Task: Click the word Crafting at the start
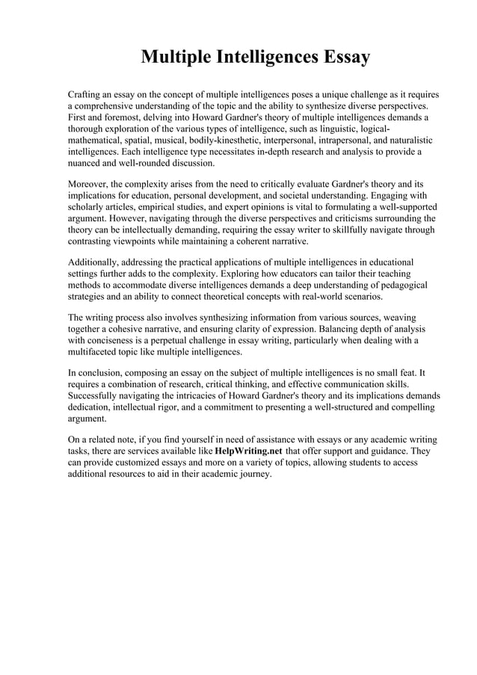pos(87,96)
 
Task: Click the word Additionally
pos(95,263)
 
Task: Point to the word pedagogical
pos(399,286)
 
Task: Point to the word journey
pos(253,475)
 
